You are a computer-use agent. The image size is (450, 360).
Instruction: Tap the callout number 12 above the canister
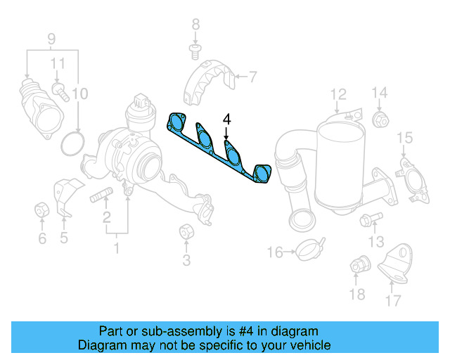pyautogui.click(x=338, y=94)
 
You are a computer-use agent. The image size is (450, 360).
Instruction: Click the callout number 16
pyautogui.click(x=274, y=252)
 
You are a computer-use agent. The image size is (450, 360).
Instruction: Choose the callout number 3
pyautogui.click(x=186, y=262)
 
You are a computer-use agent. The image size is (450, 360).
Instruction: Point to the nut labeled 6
pyautogui.click(x=41, y=210)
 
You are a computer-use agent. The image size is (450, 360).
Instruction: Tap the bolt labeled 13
pyautogui.click(x=367, y=221)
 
